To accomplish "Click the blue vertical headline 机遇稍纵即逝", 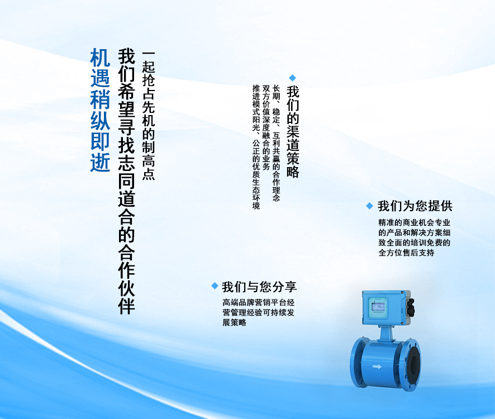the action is [x=100, y=110].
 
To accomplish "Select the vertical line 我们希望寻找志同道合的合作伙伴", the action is [x=127, y=181].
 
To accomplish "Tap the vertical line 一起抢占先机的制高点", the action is [x=149, y=116].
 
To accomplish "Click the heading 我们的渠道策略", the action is [x=293, y=131].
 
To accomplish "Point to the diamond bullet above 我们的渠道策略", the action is [x=293, y=78].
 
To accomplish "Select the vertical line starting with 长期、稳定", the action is [x=276, y=143].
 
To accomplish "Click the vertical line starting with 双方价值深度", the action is [x=266, y=127].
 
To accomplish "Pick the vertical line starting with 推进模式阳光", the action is [x=256, y=147].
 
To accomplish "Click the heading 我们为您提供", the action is [x=415, y=206].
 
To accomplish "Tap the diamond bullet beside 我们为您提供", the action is [x=370, y=206].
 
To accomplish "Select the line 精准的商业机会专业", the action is [x=414, y=222].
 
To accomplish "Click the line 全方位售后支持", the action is [x=406, y=253].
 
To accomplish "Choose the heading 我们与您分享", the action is [x=259, y=287].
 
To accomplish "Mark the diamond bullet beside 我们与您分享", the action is [x=215, y=285].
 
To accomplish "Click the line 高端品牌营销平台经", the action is [x=258, y=302].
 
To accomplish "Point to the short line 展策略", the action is [x=234, y=323].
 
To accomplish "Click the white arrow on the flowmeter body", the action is [x=377, y=366].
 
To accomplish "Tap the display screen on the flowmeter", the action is [x=378, y=307].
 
